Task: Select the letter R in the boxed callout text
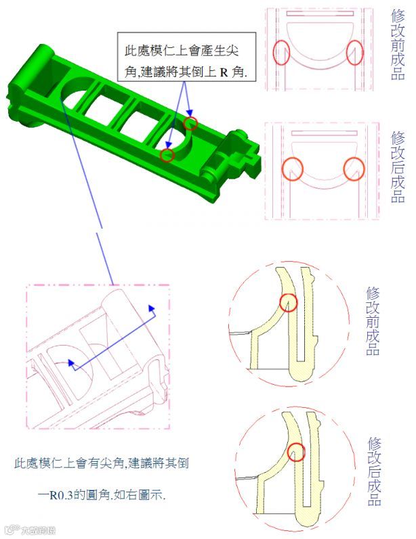click(x=224, y=72)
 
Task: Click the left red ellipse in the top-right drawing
click(x=274, y=52)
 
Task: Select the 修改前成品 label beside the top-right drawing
click(x=398, y=45)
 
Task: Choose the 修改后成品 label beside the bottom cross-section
click(x=374, y=471)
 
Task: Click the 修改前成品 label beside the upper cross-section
click(x=373, y=321)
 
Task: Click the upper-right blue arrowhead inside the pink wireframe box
click(x=152, y=308)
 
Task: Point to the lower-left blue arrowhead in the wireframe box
click(x=71, y=363)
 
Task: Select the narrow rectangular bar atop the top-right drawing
click(x=320, y=14)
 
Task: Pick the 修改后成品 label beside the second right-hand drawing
click(x=398, y=167)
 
